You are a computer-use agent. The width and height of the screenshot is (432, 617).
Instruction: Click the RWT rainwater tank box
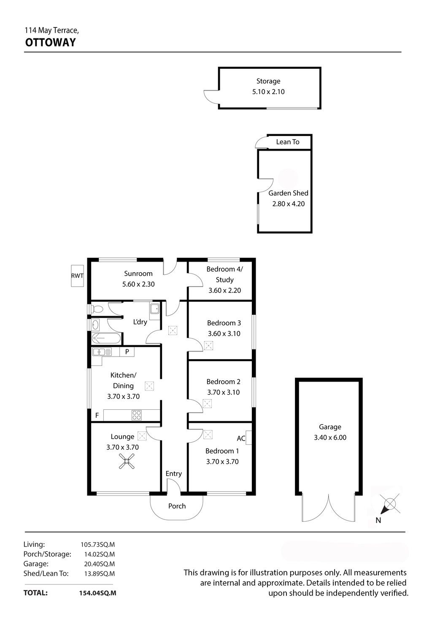[77, 276]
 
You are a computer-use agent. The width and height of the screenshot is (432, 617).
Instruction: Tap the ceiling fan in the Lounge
[127, 461]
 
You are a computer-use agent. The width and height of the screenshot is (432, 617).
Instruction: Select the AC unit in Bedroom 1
[248, 437]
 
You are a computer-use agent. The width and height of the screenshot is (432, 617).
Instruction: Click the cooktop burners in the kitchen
[137, 415]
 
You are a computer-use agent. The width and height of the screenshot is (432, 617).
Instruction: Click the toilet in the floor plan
[96, 309]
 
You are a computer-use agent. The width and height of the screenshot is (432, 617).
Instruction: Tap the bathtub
[106, 338]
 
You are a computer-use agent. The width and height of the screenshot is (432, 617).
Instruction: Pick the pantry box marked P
[127, 352]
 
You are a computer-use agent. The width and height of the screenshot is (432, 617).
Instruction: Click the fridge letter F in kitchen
[97, 415]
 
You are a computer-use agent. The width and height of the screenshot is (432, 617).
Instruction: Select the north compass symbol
[389, 505]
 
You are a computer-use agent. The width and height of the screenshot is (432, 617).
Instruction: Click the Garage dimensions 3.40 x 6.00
[330, 437]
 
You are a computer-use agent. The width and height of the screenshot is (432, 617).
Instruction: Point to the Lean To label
[287, 142]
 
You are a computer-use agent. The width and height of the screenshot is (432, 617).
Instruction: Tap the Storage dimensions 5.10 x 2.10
[268, 92]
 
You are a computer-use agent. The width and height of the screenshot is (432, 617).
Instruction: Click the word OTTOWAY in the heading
[50, 43]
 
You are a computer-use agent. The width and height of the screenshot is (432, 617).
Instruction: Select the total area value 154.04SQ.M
[98, 593]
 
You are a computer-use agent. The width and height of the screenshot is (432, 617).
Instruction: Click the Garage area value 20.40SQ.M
[100, 564]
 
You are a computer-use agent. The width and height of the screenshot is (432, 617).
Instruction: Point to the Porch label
[177, 506]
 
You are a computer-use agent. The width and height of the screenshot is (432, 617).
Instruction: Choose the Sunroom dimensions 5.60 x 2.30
[138, 284]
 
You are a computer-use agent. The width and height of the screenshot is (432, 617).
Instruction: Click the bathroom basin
[95, 325]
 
